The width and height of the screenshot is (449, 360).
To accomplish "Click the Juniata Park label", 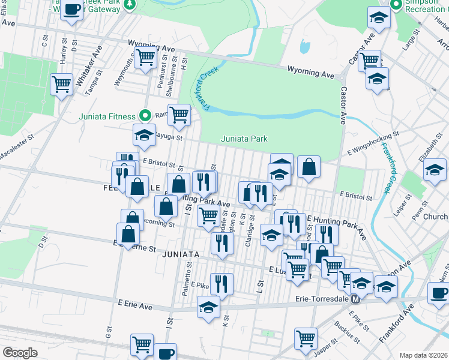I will tap(244, 139).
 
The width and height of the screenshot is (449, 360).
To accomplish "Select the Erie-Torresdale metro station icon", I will tap(355, 299).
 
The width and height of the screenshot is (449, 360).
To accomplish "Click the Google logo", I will tap(20, 352).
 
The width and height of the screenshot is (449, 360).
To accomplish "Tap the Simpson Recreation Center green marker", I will tap(396, 5).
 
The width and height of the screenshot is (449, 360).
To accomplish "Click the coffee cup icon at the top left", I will tap(71, 10).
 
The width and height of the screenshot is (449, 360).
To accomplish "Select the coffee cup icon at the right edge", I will tap(439, 293).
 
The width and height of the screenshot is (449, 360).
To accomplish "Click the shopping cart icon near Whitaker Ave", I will tap(61, 84).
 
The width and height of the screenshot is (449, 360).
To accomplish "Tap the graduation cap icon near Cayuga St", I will tap(144, 136).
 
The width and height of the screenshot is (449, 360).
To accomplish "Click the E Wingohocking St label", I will tap(373, 146).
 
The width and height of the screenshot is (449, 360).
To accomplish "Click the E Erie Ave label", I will tap(135, 305).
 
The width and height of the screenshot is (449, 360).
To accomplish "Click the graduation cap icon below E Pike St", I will tap(208, 308).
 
